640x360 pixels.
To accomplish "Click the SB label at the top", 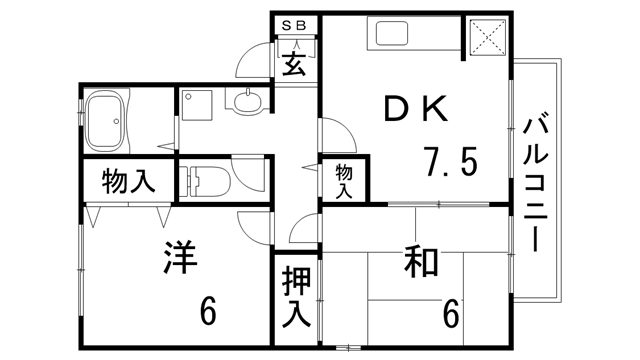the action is pyautogui.click(x=296, y=24).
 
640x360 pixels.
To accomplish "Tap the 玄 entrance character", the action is pyautogui.click(x=294, y=64).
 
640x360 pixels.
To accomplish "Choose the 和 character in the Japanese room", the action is pyautogui.click(x=423, y=263).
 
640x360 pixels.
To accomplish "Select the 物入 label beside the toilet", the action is pyautogui.click(x=128, y=182).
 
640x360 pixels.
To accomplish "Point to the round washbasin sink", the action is pyautogui.click(x=248, y=100).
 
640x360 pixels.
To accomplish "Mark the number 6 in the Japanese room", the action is pyautogui.click(x=452, y=314).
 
